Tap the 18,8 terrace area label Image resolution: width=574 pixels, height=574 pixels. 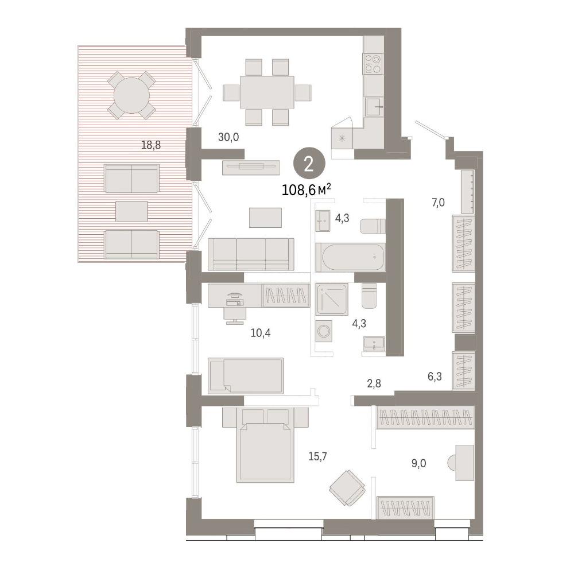coord(151,145)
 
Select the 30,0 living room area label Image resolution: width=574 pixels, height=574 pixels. coord(228,137)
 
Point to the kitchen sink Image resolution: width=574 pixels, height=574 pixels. coord(374,107)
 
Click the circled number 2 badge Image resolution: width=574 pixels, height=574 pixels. coord(309,165)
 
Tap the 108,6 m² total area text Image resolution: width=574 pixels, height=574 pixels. coord(307,191)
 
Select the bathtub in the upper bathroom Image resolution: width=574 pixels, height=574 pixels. coord(350,257)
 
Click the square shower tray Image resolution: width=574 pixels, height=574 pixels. coord(332,299)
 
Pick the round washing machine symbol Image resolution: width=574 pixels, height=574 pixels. coord(324,332)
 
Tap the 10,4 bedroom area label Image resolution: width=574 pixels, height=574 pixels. coord(261,333)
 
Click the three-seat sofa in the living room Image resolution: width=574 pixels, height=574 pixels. coord(251,254)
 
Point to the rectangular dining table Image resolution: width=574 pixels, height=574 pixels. coord(267,92)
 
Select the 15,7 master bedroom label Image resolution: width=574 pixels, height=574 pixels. coord(317,456)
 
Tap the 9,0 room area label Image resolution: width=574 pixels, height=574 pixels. coord(418,463)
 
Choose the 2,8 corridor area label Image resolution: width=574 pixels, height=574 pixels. coord(374,383)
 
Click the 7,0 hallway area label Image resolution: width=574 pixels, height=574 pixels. coord(438,202)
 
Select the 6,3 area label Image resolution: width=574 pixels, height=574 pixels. coord(435,377)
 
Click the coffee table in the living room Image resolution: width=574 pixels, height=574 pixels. coord(265,218)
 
